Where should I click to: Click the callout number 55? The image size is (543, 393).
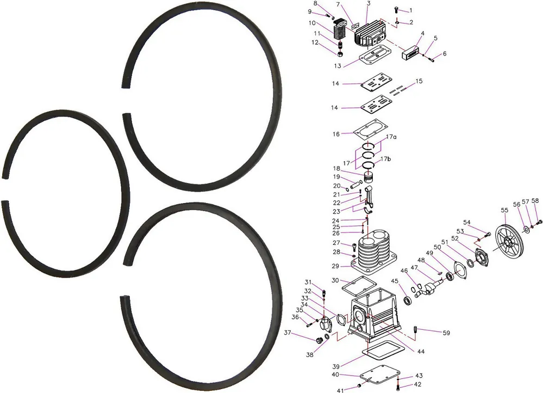tap(504, 210)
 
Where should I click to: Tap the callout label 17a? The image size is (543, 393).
tap(391, 137)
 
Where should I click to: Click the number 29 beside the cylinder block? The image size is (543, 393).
tap(335, 266)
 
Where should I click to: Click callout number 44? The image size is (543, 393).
tap(420, 352)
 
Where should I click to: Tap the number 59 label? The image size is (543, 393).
tap(446, 333)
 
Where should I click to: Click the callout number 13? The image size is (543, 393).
tap(338, 66)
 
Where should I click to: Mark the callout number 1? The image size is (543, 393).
tap(411, 11)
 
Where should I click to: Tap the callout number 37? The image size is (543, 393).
tap(288, 333)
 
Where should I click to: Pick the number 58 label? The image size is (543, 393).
tap(535, 200)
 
